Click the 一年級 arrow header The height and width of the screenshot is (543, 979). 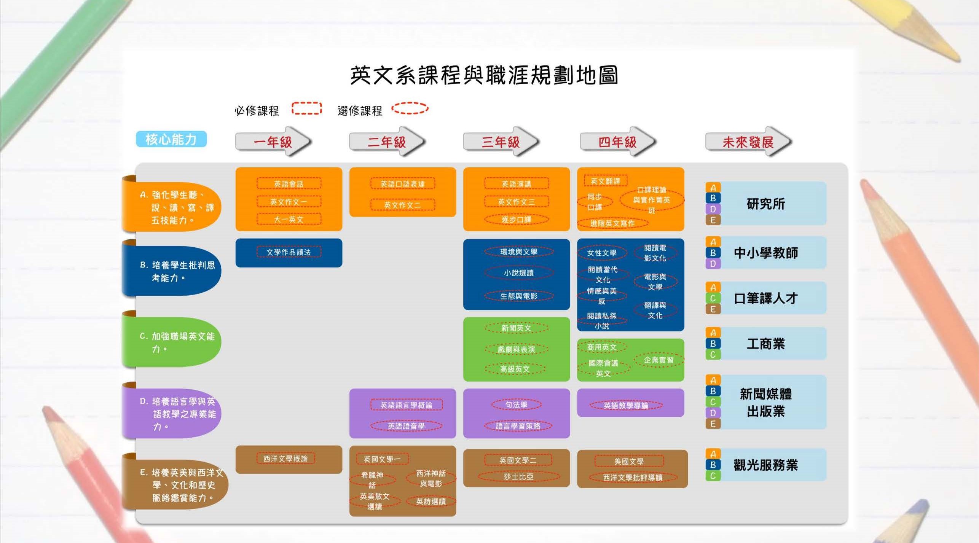pos(273,142)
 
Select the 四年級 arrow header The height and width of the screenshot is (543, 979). pos(617,142)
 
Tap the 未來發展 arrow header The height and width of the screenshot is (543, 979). pos(748,142)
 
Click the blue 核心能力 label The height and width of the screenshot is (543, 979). pos(171,139)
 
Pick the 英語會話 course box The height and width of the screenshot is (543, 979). pos(289,184)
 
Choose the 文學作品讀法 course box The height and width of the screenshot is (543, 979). pos(289,252)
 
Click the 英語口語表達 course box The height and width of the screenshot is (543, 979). pos(402,184)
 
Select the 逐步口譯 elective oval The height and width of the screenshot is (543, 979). pos(516,220)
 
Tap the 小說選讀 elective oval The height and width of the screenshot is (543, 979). pos(518,273)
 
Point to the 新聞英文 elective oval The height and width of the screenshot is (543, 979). pos(516,328)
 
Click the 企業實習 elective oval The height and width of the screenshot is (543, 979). pos(659,360)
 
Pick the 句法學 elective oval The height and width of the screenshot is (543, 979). pos(516,405)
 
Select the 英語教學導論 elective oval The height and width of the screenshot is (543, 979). pos(626,406)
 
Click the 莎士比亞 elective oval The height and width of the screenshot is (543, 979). pos(518,476)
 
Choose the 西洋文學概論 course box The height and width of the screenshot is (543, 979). pos(285,459)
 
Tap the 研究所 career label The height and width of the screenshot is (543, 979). pos(765,204)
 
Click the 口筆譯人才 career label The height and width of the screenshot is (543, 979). pos(765,298)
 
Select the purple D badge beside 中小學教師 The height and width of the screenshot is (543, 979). pos(713,264)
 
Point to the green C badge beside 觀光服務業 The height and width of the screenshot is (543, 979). pos(713,476)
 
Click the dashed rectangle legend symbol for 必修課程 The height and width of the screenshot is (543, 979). pos(306,108)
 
